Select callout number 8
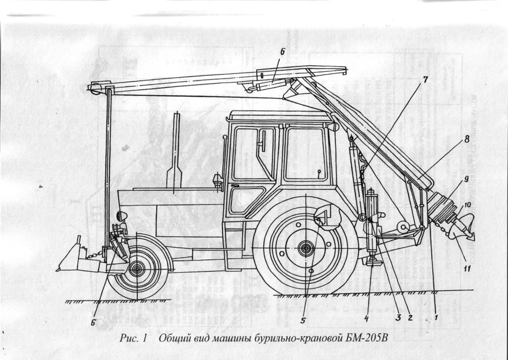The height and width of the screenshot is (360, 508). (466, 140)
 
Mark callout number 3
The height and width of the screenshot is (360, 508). (397, 319)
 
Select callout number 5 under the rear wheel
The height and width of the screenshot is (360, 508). (303, 321)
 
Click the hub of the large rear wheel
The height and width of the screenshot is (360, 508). (306, 246)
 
